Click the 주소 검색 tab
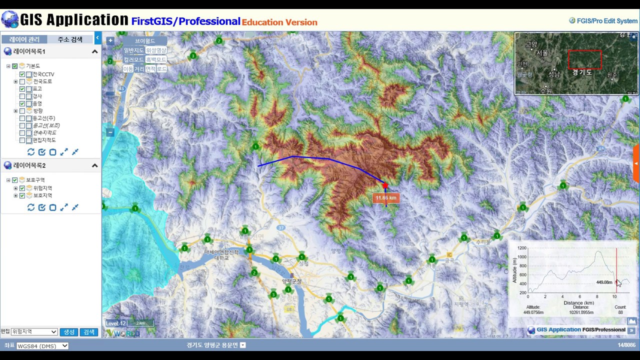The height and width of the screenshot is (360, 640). [70, 39]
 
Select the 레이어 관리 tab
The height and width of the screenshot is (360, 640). [24, 39]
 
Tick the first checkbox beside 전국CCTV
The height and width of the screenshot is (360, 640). [22, 74]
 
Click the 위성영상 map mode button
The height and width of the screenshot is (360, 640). [156, 50]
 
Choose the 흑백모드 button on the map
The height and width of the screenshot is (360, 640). [156, 59]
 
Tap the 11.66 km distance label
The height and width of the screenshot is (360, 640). [386, 198]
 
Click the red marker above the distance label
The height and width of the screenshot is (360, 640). [385, 186]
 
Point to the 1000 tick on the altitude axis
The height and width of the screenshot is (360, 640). [522, 257]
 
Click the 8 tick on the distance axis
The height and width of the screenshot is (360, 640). [597, 296]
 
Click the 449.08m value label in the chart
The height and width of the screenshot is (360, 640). [604, 282]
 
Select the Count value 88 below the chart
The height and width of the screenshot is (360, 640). [620, 312]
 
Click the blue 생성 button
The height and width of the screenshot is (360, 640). [69, 332]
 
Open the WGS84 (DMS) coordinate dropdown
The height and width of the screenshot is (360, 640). [42, 345]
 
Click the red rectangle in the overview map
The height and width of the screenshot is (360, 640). [584, 59]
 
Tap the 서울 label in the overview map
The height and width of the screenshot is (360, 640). [542, 53]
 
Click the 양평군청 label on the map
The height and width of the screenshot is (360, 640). [292, 281]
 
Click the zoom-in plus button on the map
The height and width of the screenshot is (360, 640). [110, 40]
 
